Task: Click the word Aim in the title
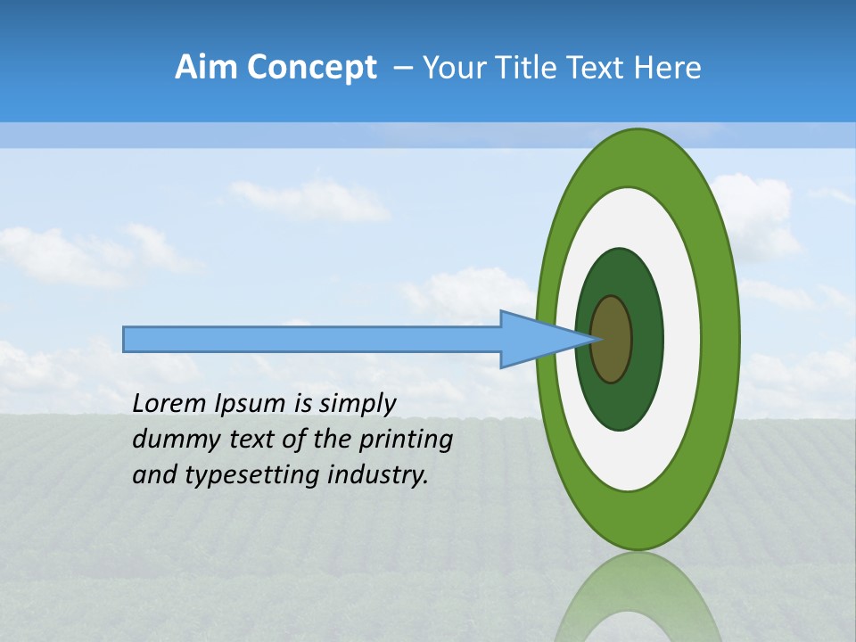point(207,68)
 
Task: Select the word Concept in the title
point(311,68)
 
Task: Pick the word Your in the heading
point(455,68)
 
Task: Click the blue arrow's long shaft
point(312,340)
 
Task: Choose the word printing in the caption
point(406,440)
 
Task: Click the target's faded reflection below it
point(638,602)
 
